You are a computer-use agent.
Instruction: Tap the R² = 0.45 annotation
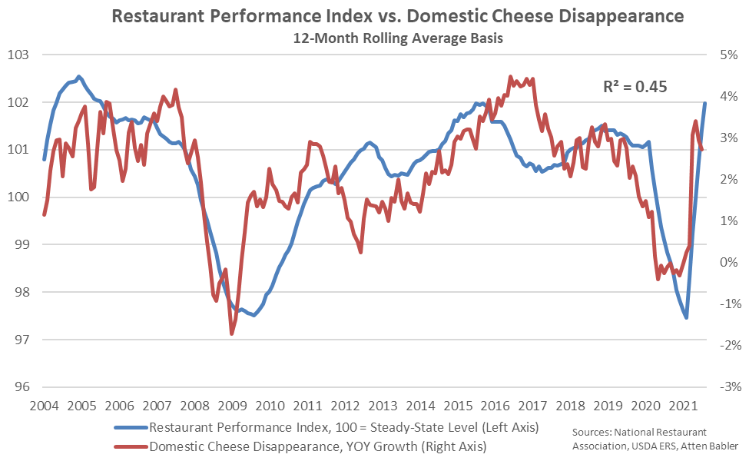coord(635,87)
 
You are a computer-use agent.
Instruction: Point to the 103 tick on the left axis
coord(18,55)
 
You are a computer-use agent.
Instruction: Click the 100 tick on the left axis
coord(18,197)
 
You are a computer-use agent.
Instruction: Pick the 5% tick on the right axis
coord(727,55)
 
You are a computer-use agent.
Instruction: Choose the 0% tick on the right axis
coord(727,263)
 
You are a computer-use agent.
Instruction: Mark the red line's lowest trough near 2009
coord(232,333)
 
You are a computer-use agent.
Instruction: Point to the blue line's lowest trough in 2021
coord(686,317)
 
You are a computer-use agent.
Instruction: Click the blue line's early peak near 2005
coord(79,77)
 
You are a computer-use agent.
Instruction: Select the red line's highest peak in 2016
coord(510,77)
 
